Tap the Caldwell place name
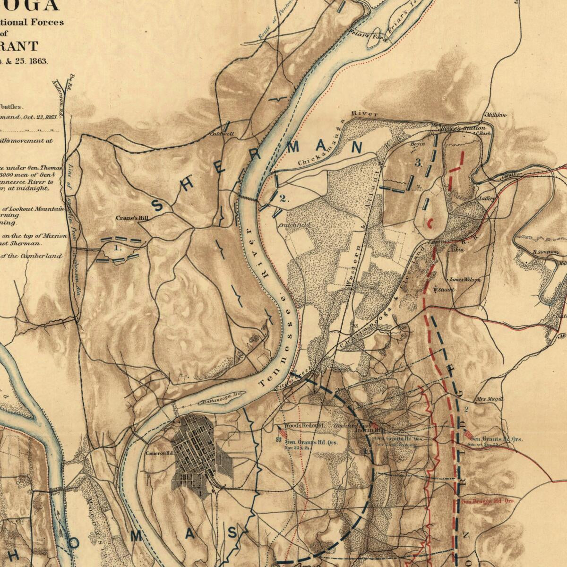pyautogui.click(x=222, y=134)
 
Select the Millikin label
pyautogui.click(x=496, y=115)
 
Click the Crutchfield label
pyautogui.click(x=295, y=225)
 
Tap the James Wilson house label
pyautogui.click(x=464, y=280)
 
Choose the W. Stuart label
pyautogui.click(x=444, y=290)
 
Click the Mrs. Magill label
pyautogui.click(x=490, y=399)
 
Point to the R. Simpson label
pyautogui.click(x=545, y=252)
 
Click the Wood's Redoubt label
pyautogui.click(x=304, y=425)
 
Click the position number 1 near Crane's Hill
pyautogui.click(x=118, y=247)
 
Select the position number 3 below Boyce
pyautogui.click(x=418, y=163)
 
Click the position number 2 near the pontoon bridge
pyautogui.click(x=283, y=198)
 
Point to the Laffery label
pyautogui.click(x=487, y=198)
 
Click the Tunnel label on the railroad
pyautogui.click(x=435, y=241)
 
